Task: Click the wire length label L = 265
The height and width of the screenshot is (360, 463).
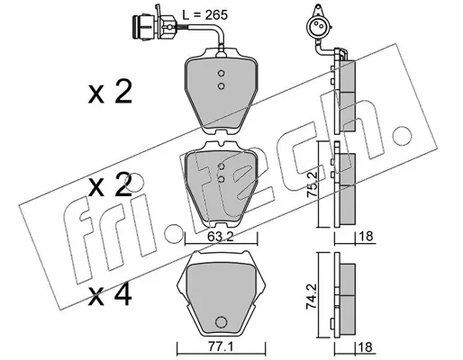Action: (x=205, y=15)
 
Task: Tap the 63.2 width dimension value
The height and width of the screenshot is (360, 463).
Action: (x=221, y=237)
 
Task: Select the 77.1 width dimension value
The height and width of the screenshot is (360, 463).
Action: (x=221, y=347)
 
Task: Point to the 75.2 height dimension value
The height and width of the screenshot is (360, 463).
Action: (x=312, y=184)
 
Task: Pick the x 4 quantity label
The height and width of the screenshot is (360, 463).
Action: (x=110, y=295)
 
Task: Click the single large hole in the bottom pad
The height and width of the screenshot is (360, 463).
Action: (x=221, y=322)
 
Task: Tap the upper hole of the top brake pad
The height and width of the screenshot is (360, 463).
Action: (x=222, y=73)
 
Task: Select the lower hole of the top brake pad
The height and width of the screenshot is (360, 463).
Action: (x=222, y=86)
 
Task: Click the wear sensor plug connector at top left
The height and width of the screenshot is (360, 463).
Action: (x=153, y=27)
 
